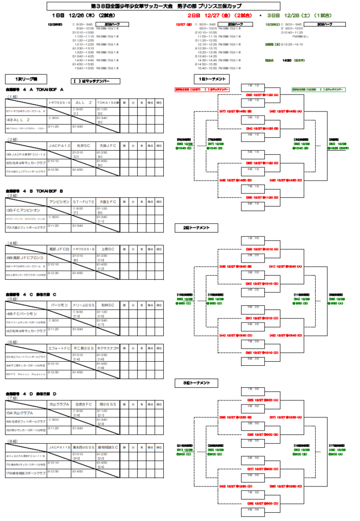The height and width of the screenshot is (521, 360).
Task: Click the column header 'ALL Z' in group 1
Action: pyautogui.click(x=83, y=102)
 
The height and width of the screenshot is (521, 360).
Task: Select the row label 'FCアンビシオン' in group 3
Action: pyautogui.click(x=25, y=210)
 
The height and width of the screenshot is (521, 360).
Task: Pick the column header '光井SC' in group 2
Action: pyautogui.click(x=83, y=145)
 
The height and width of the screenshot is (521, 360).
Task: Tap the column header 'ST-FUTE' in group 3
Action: pyautogui.click(x=83, y=202)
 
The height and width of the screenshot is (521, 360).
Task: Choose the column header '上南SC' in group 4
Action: pyautogui.click(x=108, y=249)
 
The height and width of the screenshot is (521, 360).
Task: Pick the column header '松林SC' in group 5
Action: pyautogui.click(x=108, y=305)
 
